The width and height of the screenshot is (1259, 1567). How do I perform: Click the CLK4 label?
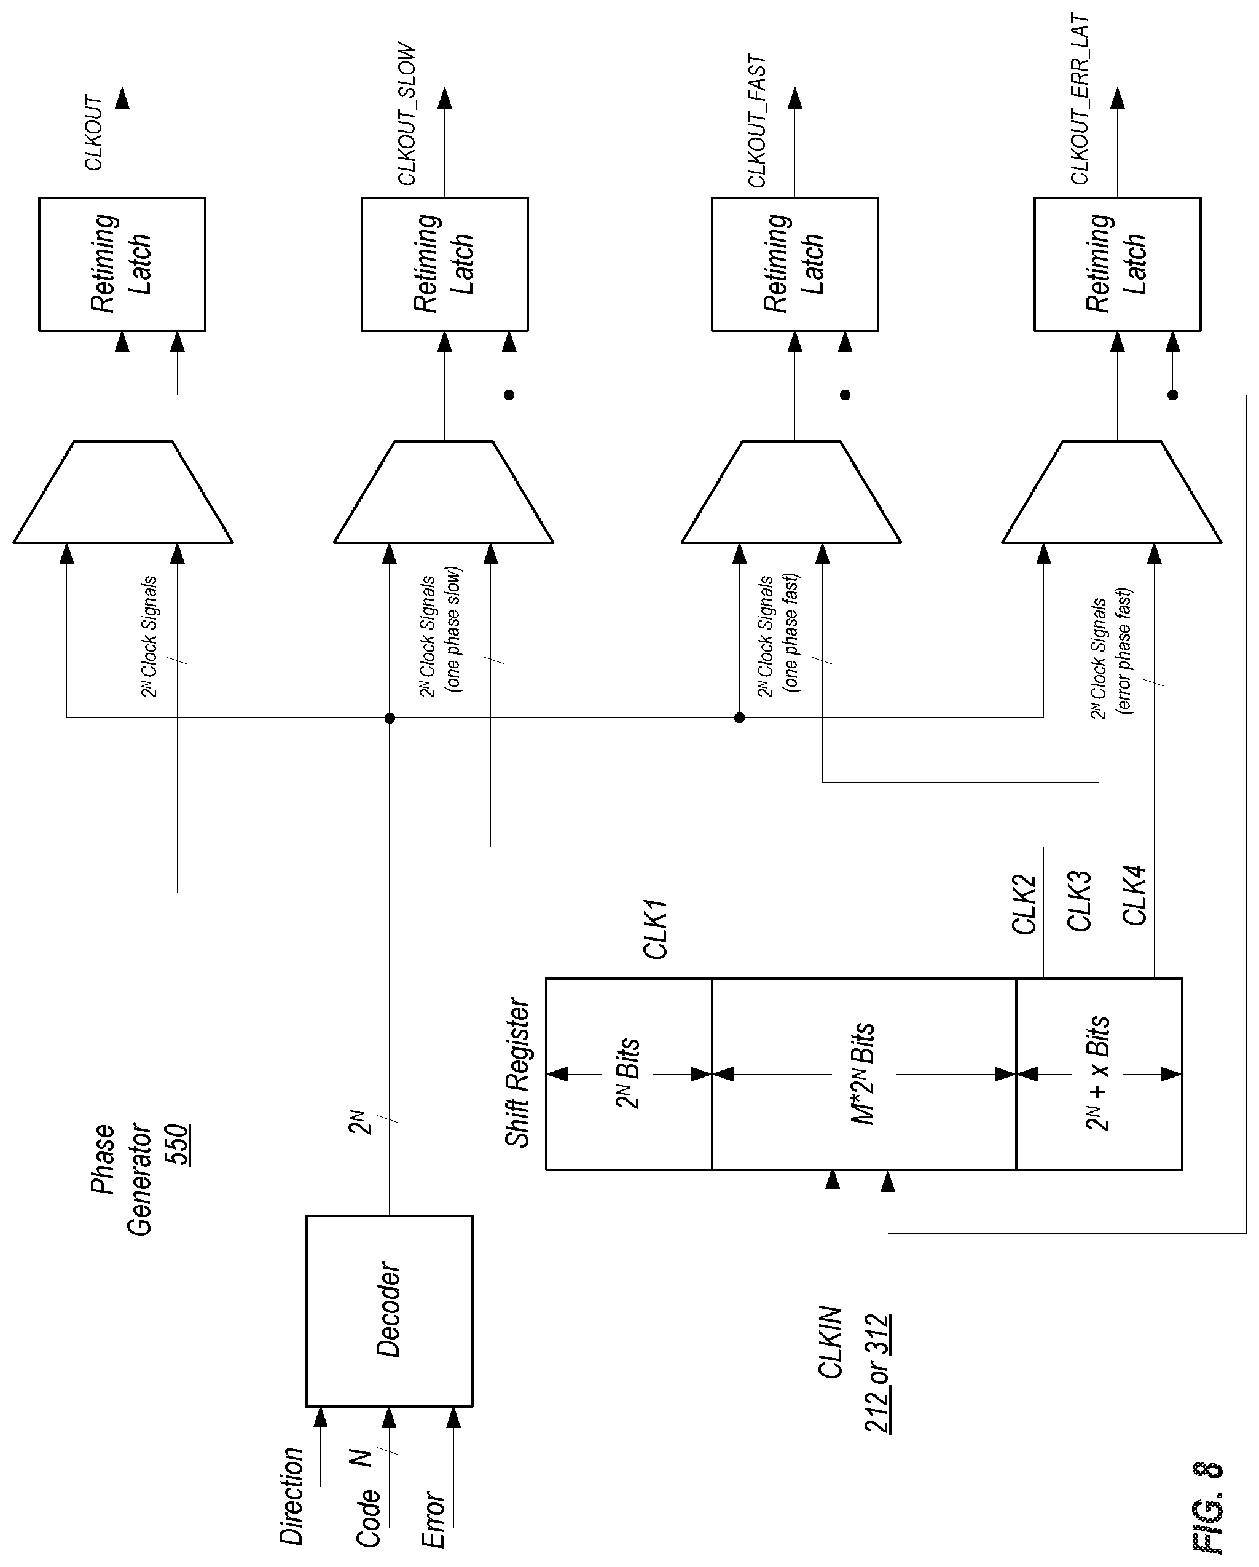(x=1134, y=896)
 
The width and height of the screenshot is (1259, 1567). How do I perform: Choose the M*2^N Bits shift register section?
(x=864, y=1073)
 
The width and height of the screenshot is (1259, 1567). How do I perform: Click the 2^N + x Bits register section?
(x=1099, y=1073)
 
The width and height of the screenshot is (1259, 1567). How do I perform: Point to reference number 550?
(x=177, y=1145)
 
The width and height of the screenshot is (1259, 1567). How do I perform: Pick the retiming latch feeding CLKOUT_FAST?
(x=794, y=264)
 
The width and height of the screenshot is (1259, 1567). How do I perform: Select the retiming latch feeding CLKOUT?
(x=122, y=264)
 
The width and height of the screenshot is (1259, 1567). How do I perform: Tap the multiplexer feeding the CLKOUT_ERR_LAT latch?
(x=1112, y=491)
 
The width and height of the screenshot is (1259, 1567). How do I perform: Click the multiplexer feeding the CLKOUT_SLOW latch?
(x=444, y=491)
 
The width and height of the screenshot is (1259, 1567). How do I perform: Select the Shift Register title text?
(x=517, y=1072)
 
